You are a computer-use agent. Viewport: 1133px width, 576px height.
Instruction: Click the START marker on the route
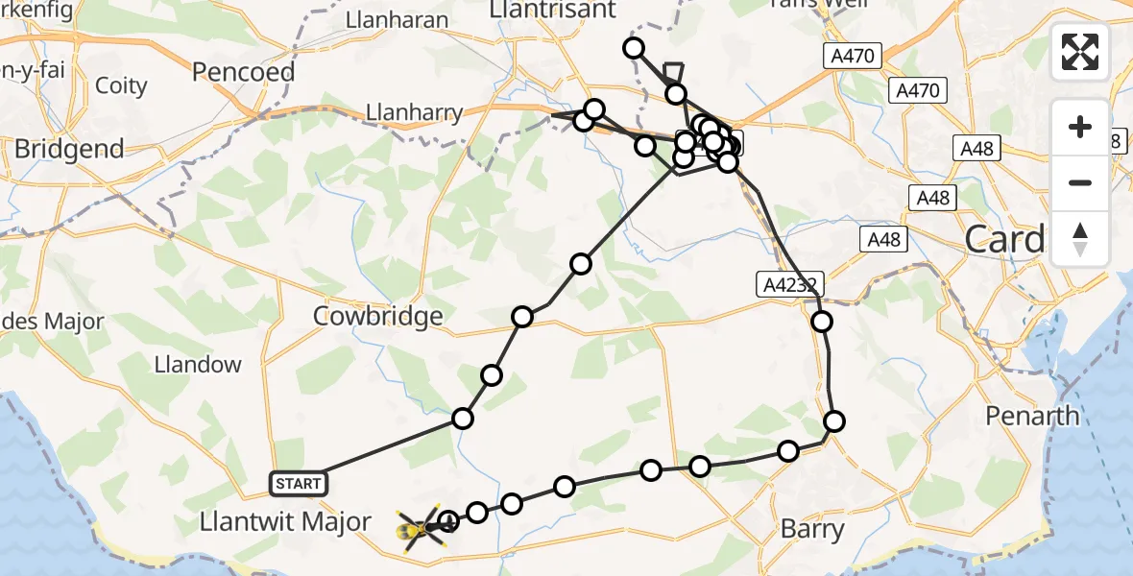[x=299, y=483]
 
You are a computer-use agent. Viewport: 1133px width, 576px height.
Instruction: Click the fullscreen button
[x=1080, y=52]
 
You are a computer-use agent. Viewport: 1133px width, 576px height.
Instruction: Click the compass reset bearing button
[x=1080, y=239]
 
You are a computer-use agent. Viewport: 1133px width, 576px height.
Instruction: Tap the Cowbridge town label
[x=379, y=316]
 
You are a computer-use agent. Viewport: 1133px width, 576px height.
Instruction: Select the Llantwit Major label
[x=285, y=522]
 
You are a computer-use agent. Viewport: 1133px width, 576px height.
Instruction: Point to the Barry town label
[x=812, y=529]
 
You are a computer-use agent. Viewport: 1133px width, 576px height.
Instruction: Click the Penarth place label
[x=1033, y=416]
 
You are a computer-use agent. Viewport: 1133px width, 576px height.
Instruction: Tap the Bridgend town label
[x=69, y=149]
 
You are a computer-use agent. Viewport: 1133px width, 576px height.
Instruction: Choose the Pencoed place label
[x=235, y=71]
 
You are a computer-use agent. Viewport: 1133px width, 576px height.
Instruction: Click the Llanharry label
[x=414, y=112]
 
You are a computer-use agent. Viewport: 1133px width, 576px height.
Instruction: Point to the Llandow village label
[x=198, y=364]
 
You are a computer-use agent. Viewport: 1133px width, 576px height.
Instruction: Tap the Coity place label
[x=122, y=85]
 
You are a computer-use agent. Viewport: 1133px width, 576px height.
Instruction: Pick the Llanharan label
[x=398, y=19]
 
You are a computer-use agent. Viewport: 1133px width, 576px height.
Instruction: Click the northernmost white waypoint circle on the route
[x=633, y=48]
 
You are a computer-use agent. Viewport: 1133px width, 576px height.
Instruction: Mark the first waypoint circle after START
[x=463, y=418]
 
